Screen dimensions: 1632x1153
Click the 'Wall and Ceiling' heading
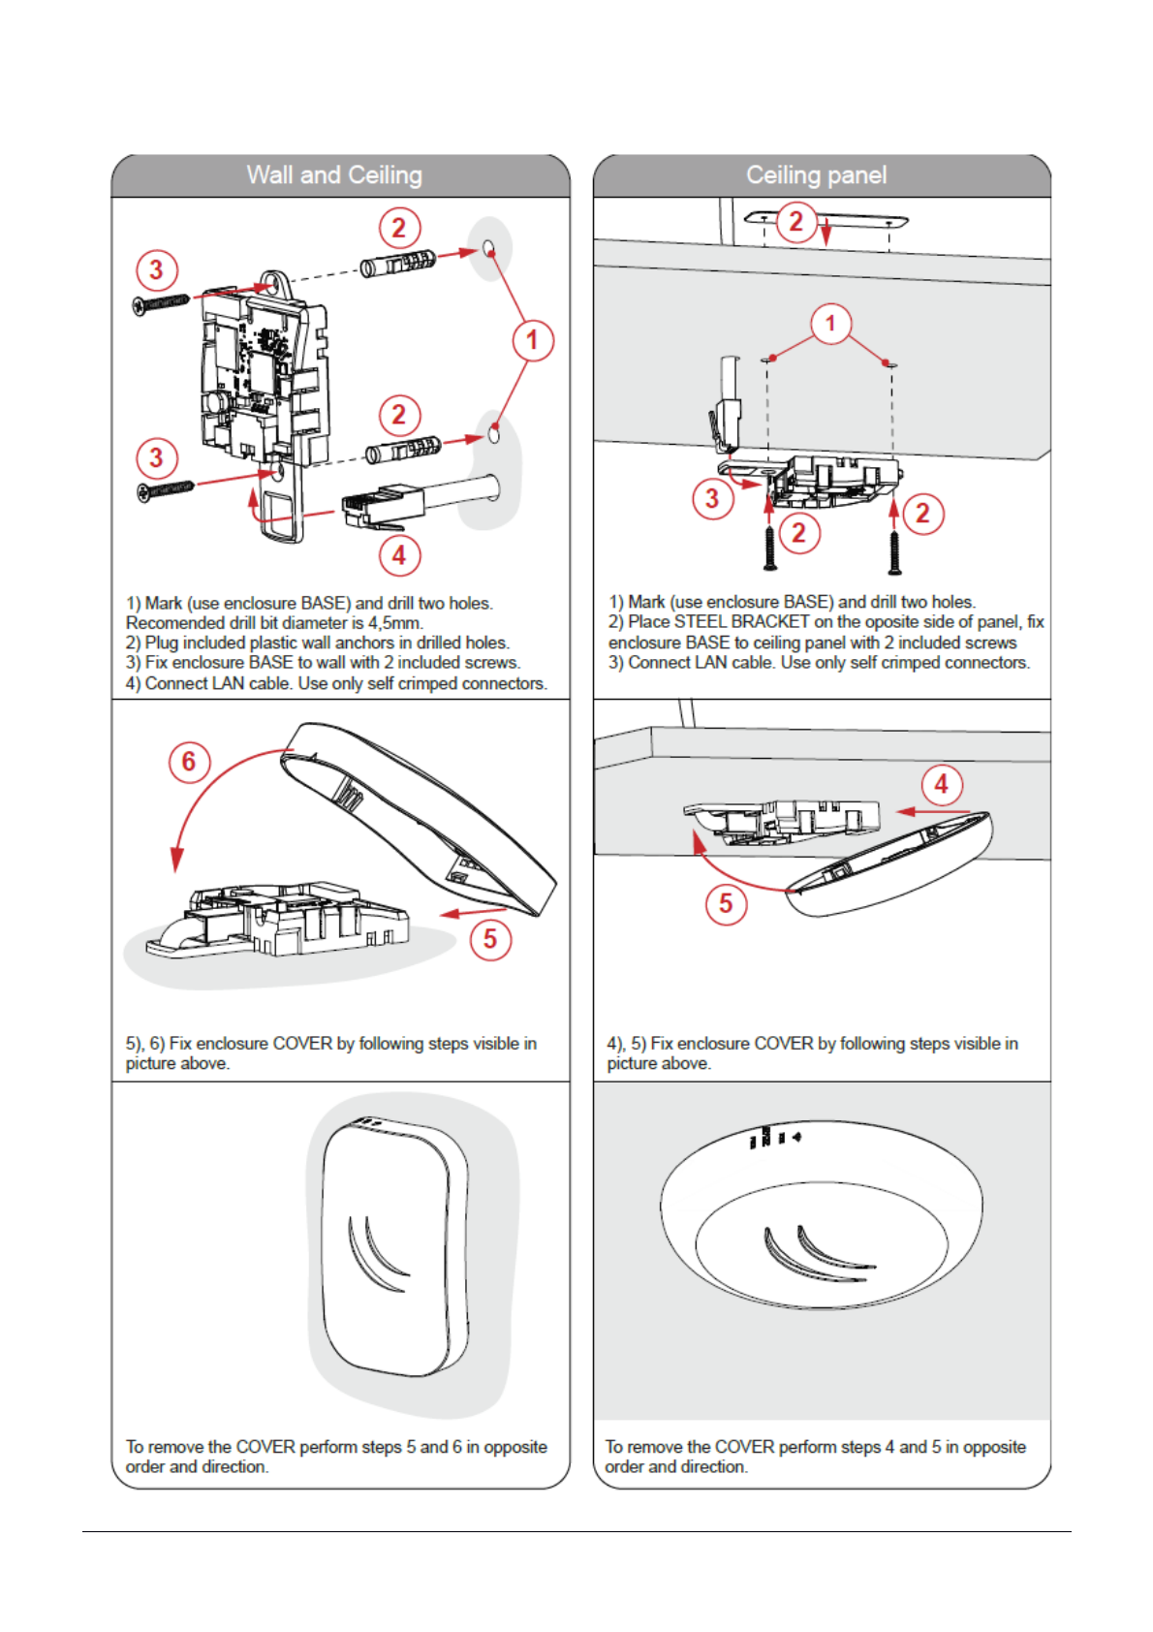(334, 175)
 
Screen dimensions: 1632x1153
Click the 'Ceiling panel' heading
(816, 175)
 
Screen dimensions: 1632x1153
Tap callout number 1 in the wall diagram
(532, 340)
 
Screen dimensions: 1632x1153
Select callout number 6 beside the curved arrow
(189, 762)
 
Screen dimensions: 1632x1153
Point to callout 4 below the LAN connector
(399, 556)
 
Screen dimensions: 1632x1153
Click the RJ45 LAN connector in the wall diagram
(384, 505)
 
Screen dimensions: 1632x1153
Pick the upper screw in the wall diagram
(161, 304)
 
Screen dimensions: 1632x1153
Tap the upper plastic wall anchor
(398, 263)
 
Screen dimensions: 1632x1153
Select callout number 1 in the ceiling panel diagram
(830, 324)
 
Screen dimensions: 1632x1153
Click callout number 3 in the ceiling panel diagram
(712, 499)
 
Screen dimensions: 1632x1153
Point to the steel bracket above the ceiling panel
(826, 221)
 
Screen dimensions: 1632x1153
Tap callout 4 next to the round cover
(941, 784)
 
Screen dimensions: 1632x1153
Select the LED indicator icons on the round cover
(774, 1137)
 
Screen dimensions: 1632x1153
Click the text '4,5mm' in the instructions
(395, 623)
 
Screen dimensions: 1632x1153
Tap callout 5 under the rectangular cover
(490, 939)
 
